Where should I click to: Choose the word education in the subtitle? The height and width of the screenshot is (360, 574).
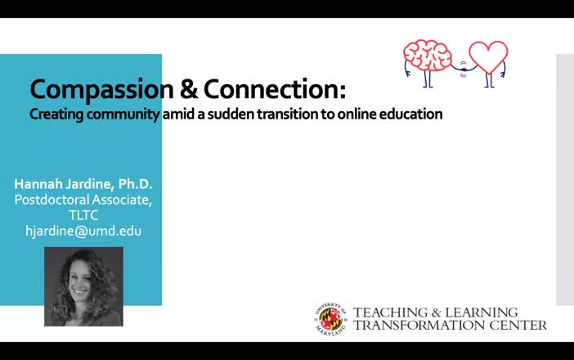410,115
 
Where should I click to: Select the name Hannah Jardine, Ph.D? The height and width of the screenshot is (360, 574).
83,183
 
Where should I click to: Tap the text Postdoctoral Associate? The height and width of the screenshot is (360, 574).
83,200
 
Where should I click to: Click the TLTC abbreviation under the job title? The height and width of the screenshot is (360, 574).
83,215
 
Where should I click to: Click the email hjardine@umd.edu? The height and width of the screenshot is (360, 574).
83,231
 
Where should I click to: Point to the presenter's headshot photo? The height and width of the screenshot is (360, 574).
83,286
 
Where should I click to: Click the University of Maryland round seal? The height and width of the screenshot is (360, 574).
331,319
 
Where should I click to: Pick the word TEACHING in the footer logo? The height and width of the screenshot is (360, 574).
388,313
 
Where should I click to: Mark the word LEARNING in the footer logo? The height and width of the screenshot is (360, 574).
482,313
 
